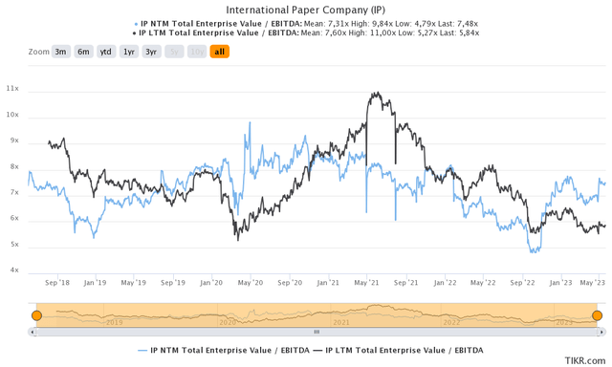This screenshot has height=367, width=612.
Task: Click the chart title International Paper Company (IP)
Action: (x=305, y=10)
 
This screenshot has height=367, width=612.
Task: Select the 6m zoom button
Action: (x=83, y=52)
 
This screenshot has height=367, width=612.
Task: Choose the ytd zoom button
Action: (x=106, y=52)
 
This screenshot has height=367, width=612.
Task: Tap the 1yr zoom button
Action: (x=129, y=52)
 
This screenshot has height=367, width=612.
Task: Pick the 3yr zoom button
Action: (x=152, y=52)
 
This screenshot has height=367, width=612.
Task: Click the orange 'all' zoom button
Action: (x=220, y=52)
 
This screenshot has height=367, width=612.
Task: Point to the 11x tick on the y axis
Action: (x=12, y=89)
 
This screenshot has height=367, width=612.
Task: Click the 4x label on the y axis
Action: (x=12, y=270)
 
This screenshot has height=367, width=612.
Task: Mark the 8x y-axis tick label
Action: (x=12, y=167)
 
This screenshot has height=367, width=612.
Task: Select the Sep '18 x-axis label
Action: (x=56, y=283)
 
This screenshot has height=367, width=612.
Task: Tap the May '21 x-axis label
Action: (x=367, y=283)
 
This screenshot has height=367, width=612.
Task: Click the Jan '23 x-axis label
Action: (x=561, y=283)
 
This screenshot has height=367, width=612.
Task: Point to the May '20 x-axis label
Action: (x=251, y=283)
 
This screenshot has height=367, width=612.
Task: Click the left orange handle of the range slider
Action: (x=36, y=316)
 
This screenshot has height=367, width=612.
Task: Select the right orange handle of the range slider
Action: (x=598, y=316)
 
